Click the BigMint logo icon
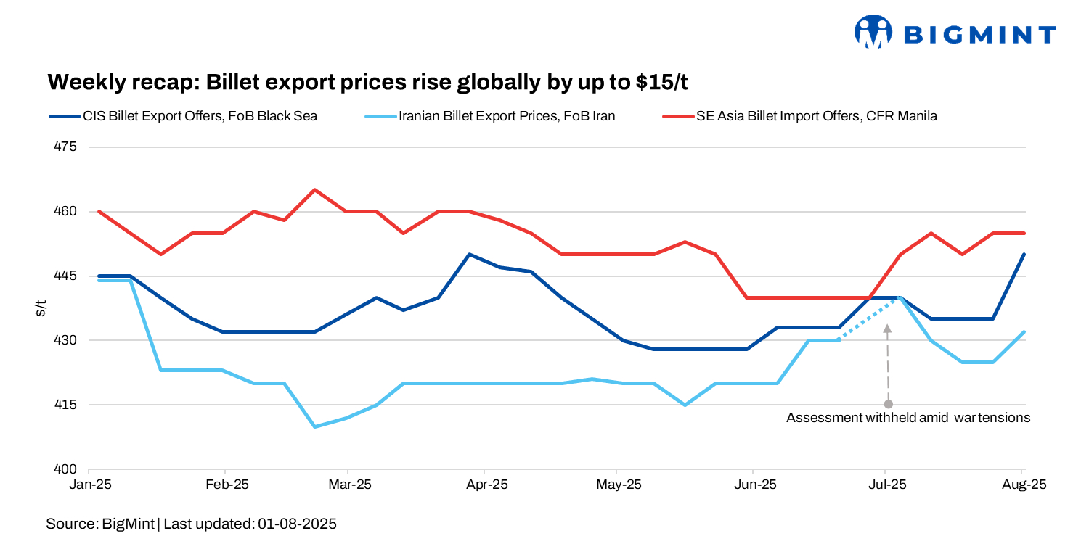pos(873,32)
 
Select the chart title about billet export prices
pos(367,82)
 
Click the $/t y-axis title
pos(41,308)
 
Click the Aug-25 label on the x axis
pos(1023,484)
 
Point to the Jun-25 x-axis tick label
pos(753,484)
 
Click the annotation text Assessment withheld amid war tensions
pos(908,418)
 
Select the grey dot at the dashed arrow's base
pos(887,404)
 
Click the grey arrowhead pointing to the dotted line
pos(887,329)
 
